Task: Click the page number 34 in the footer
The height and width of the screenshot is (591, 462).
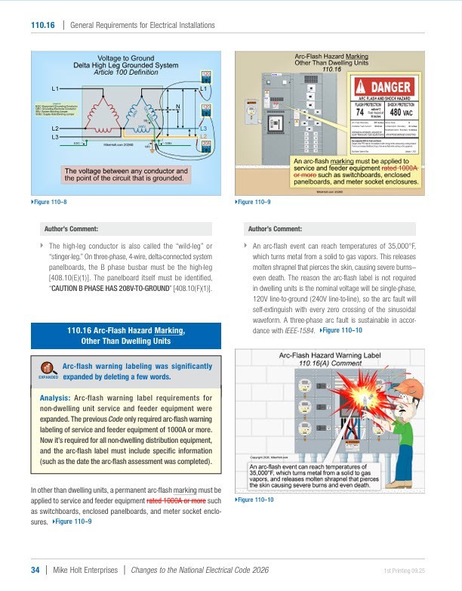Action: coord(35,570)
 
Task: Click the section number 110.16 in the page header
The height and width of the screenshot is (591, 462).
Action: coord(42,25)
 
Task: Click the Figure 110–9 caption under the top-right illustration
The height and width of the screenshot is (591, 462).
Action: coord(257,202)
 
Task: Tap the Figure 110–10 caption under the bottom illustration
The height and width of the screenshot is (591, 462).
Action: coord(257,500)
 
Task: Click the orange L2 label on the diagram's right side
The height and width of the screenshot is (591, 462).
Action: coord(203,136)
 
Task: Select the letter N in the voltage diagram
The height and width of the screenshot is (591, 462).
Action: coord(177,107)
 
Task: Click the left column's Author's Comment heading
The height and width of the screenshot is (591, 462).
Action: coord(72,228)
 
